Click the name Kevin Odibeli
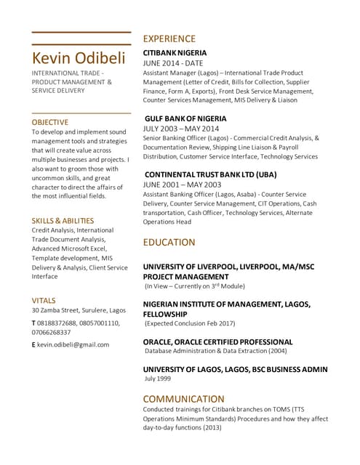point(79,58)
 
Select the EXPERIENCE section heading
point(169,39)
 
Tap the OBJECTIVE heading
point(50,122)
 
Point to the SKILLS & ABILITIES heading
point(63,220)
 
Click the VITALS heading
point(44,300)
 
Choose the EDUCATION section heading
point(169,242)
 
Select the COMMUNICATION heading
point(183,399)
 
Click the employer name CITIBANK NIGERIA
point(175,53)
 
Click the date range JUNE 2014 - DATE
point(173,63)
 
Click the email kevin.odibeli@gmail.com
point(73,344)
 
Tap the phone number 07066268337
point(51,332)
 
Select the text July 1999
point(158,379)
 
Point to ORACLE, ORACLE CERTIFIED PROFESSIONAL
point(217,341)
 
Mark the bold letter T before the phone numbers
point(33,322)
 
